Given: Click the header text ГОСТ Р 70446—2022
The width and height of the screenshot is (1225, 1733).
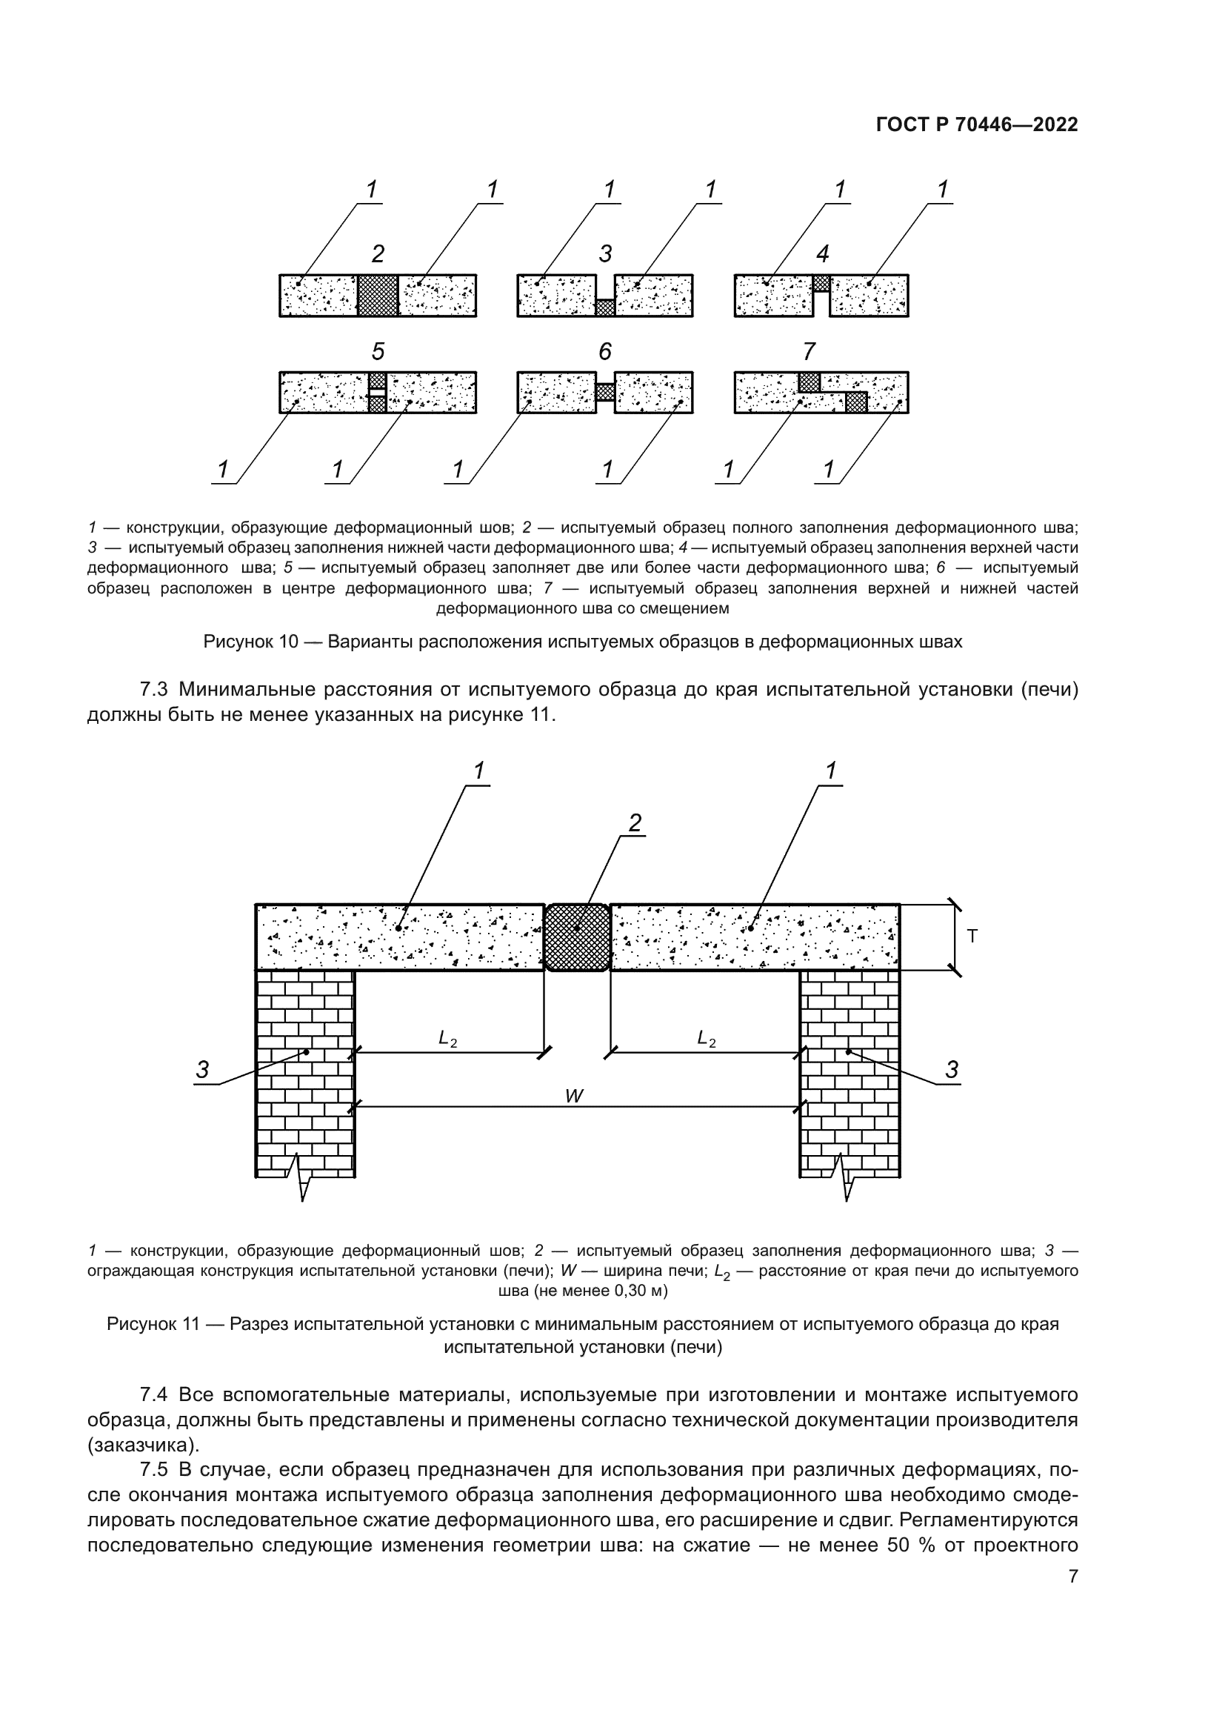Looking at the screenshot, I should pos(977,125).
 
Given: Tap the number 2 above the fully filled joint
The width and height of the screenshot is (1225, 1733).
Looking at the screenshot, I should pos(378,253).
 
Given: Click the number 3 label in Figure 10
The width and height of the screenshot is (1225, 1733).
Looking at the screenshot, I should pos(605,253).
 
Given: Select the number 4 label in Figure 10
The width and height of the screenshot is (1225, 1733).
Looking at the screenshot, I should pos(822,253).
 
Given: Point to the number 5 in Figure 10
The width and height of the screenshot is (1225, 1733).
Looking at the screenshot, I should pos(378,352).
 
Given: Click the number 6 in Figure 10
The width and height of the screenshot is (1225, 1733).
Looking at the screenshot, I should pos(605,352).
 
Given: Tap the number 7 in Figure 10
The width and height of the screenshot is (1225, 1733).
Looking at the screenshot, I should pos(809,352).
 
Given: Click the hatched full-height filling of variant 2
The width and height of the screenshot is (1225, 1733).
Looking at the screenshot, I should pos(377,295).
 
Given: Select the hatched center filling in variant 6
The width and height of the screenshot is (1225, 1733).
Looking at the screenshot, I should pos(605,393).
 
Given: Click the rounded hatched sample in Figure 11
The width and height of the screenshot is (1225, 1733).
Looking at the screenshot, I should pos(577,937).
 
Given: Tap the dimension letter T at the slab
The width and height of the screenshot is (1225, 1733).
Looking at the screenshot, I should pos(972,937).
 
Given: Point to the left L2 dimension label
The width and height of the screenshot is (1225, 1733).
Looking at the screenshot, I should pos(447,1040).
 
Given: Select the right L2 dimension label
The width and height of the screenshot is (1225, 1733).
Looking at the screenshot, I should pos(706,1040).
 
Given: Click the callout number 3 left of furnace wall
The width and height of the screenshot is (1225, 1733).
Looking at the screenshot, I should pos(202,1070).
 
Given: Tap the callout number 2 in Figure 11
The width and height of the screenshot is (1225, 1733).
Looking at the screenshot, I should pos(635,822).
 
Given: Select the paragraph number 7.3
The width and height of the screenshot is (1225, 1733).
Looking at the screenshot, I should pos(156,690).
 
